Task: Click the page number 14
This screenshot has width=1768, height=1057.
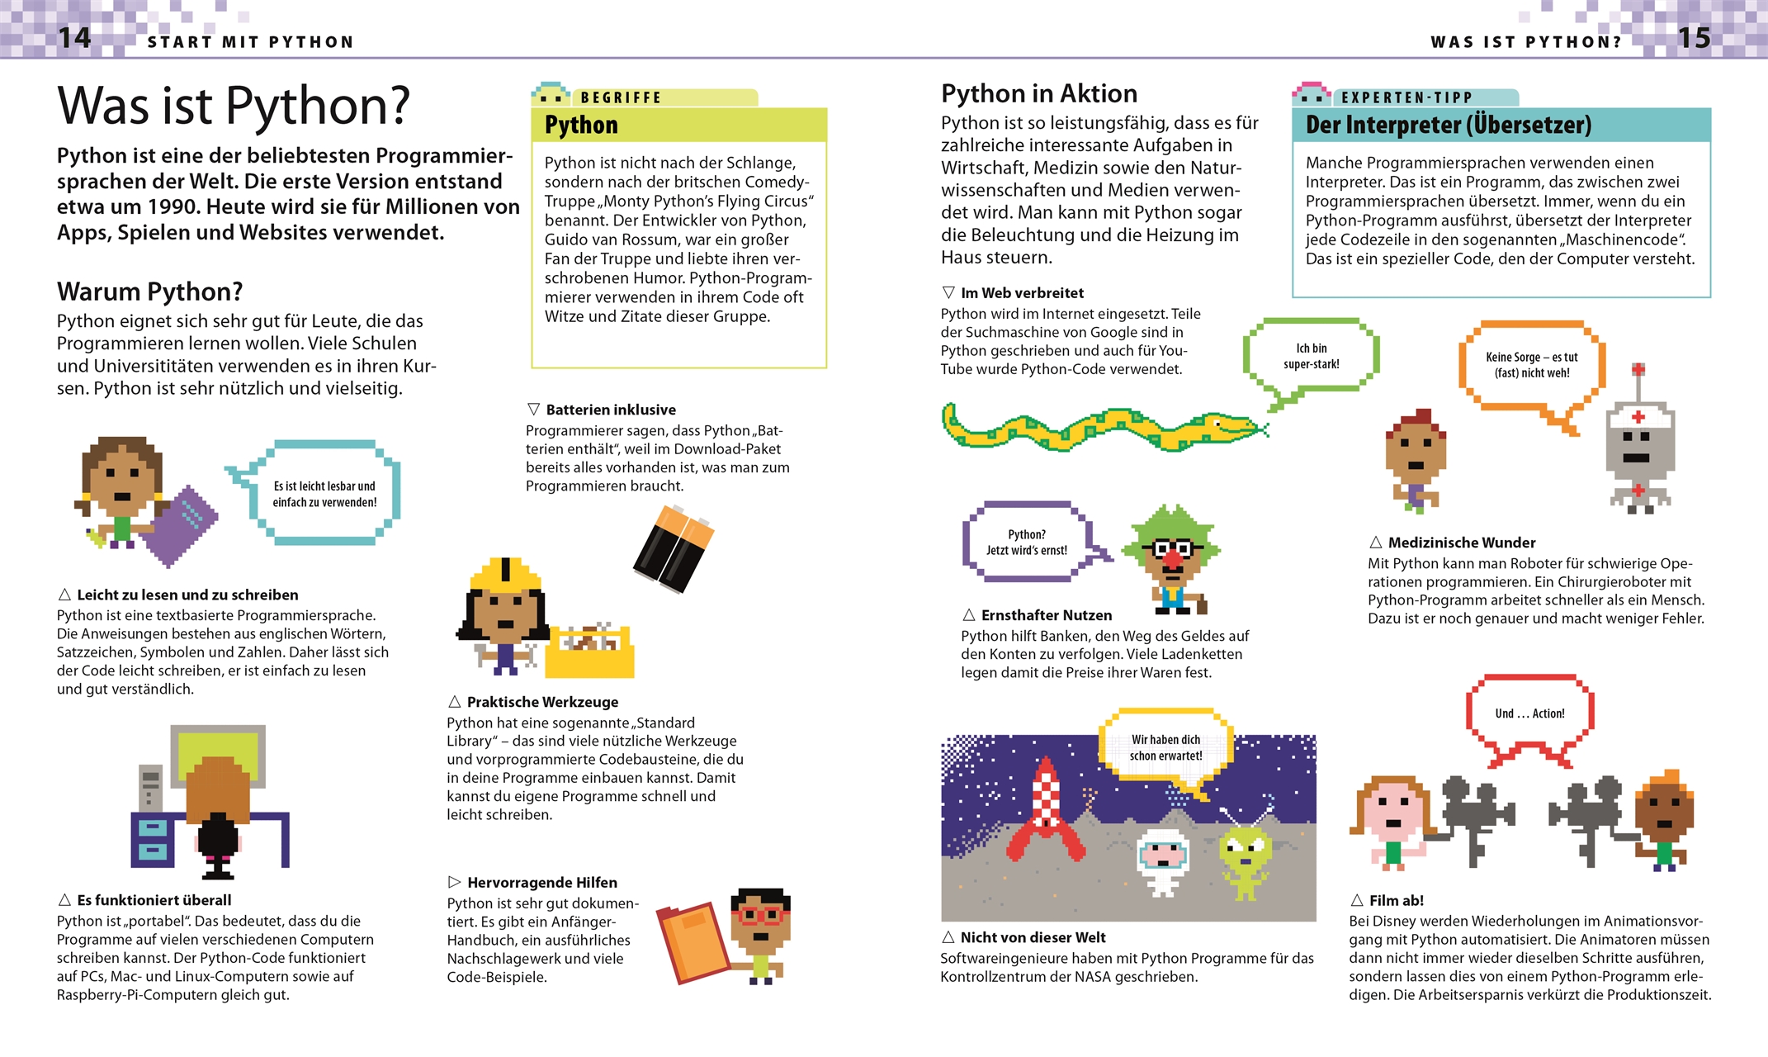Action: (74, 38)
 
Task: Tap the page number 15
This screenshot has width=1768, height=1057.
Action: (1694, 38)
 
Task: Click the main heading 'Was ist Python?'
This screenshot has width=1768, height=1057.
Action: (234, 106)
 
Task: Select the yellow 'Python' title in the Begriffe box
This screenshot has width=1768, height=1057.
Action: (581, 125)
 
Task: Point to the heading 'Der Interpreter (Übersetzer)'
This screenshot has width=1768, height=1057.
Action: (1448, 125)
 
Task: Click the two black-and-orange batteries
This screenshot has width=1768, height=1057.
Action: (674, 548)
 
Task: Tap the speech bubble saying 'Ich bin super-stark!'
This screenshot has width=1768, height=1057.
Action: (1311, 357)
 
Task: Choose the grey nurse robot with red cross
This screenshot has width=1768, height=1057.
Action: (1639, 450)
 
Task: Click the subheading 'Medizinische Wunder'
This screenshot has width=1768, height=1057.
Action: (1461, 543)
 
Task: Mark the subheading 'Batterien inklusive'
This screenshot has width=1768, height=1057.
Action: (610, 410)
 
